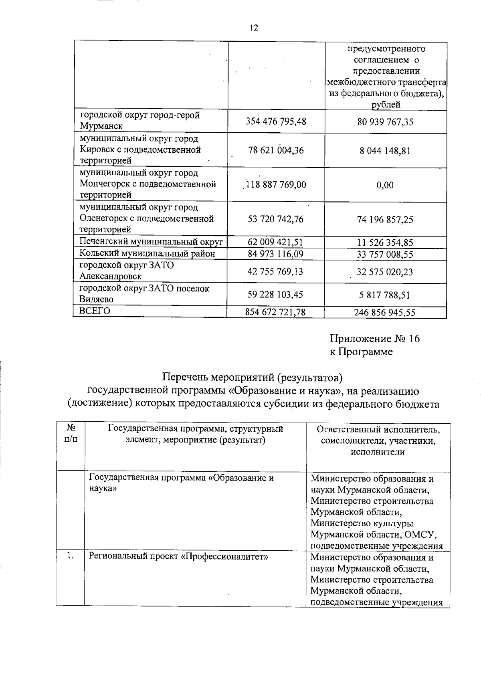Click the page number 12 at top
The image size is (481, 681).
click(x=254, y=28)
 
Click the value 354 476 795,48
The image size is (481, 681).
click(x=276, y=121)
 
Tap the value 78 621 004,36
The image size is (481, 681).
click(x=276, y=151)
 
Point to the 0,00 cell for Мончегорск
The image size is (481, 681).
click(x=385, y=185)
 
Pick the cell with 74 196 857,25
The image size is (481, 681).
click(x=385, y=220)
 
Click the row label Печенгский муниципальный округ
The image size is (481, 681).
click(x=151, y=242)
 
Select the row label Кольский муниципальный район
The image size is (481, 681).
click(x=147, y=254)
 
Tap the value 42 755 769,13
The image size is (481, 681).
click(x=276, y=272)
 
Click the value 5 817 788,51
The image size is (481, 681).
click(x=385, y=295)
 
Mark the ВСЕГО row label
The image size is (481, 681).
click(x=95, y=311)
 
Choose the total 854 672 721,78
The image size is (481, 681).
click(x=275, y=312)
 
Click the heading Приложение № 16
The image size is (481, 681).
click(x=374, y=339)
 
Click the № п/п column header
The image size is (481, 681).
click(x=71, y=434)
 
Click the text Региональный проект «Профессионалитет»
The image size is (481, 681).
click(x=178, y=557)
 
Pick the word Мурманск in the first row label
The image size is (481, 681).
click(x=101, y=126)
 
